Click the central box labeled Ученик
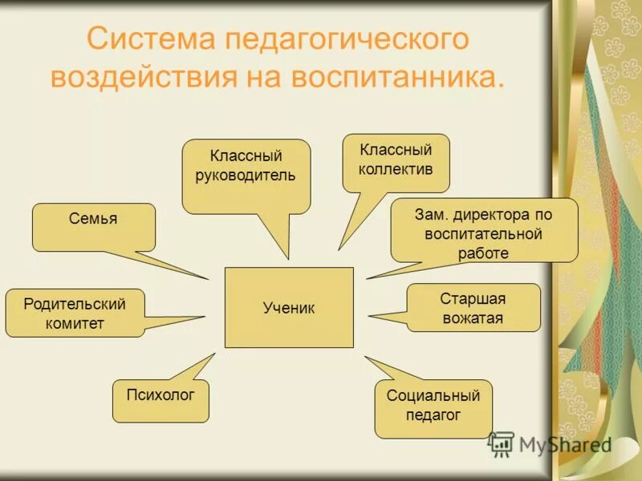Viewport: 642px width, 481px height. tap(289, 308)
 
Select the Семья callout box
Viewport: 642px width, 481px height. tap(94, 226)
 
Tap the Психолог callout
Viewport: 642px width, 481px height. tap(160, 400)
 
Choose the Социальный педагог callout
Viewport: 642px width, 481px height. tap(433, 407)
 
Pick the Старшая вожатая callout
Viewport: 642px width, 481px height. tap(473, 308)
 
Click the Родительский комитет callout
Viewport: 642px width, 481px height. tap(75, 313)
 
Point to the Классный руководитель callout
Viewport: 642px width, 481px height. tap(246, 175)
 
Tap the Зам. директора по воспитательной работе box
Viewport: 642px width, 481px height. tap(484, 232)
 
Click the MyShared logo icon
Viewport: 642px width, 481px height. tap(501, 443)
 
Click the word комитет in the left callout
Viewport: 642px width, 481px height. tap(75, 323)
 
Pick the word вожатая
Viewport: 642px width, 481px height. tap(473, 318)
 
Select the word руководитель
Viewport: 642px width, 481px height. tap(246, 175)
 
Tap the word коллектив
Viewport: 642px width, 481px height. tap(396, 169)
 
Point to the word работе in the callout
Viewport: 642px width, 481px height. tap(484, 253)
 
